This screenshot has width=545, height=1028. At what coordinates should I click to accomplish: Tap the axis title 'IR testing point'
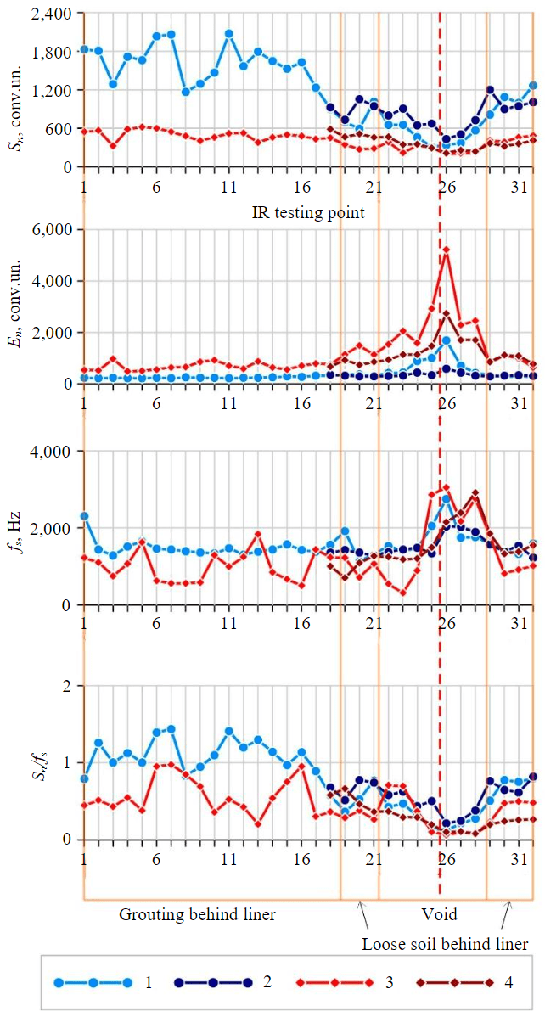[x=308, y=212]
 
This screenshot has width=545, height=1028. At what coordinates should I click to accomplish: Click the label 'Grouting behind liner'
[x=197, y=914]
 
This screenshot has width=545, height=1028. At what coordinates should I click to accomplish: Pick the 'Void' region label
[x=439, y=914]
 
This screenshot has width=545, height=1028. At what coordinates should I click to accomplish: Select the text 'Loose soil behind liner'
[x=445, y=944]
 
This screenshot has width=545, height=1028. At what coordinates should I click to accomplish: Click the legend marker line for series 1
[x=93, y=983]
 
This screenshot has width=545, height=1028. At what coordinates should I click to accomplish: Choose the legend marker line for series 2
[x=213, y=983]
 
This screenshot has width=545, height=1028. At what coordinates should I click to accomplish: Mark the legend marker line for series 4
[x=454, y=983]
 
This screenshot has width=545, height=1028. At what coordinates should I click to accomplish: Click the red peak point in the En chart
[x=446, y=250]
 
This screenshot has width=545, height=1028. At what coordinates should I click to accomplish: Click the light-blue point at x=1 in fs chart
[x=84, y=516]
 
